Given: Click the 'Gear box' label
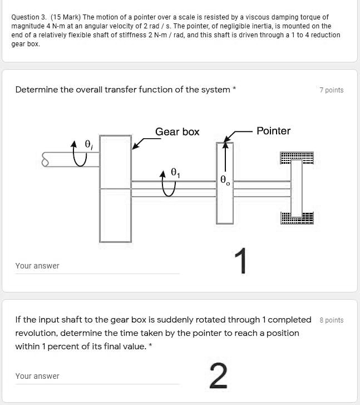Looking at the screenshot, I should (177, 132).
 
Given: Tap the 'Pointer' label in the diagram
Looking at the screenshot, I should (273, 131).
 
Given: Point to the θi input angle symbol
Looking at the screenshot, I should (88, 144).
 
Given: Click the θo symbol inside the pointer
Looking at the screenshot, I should (224, 180).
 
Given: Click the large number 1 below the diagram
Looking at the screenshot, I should (240, 261).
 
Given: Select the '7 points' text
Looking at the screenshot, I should (331, 90).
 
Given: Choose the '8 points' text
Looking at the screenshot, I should (331, 320).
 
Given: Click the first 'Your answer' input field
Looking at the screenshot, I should (97, 266).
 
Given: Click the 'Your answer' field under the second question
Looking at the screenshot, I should (97, 376).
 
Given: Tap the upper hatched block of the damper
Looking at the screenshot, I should (297, 158).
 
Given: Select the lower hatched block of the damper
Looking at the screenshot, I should (297, 218).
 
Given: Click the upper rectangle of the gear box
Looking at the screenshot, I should (115, 162).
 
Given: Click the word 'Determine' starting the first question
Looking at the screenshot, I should (36, 90).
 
